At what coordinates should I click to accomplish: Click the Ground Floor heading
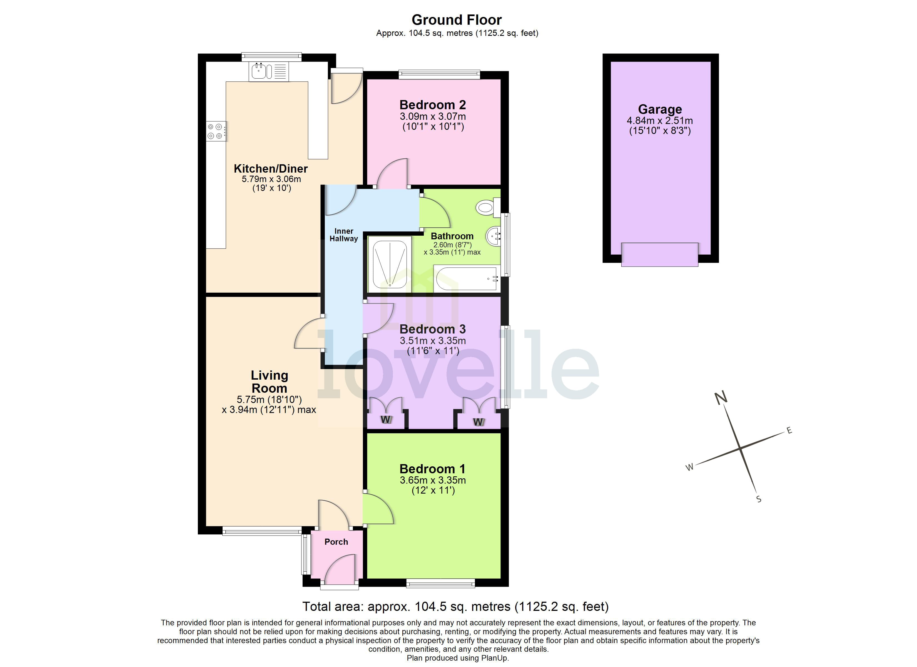[457, 20]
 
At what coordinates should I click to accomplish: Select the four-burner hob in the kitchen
[216, 131]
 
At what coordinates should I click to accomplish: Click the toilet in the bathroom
[486, 208]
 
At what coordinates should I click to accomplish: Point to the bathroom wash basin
[493, 236]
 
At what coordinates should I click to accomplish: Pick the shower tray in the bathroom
[389, 265]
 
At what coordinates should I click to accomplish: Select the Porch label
[336, 542]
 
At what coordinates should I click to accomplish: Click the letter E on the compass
[789, 430]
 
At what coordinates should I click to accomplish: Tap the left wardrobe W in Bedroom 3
[386, 419]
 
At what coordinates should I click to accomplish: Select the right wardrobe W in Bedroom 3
[478, 422]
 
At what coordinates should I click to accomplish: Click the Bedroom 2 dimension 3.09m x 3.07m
[433, 116]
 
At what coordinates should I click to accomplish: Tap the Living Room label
[269, 381]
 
